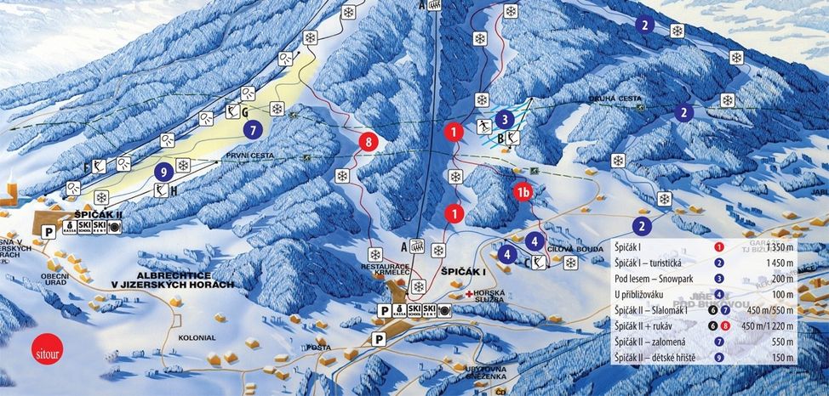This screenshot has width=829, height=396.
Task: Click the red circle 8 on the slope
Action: (x=368, y=142)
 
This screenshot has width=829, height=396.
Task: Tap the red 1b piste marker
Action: (x=523, y=193)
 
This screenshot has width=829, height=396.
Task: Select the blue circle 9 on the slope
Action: (x=163, y=171)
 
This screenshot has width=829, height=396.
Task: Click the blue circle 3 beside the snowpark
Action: (x=505, y=120)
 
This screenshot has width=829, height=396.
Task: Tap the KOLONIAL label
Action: (x=197, y=337)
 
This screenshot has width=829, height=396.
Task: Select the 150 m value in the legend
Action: (x=783, y=357)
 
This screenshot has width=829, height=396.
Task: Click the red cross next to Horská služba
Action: (x=469, y=293)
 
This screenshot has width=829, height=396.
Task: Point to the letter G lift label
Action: (x=244, y=111)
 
